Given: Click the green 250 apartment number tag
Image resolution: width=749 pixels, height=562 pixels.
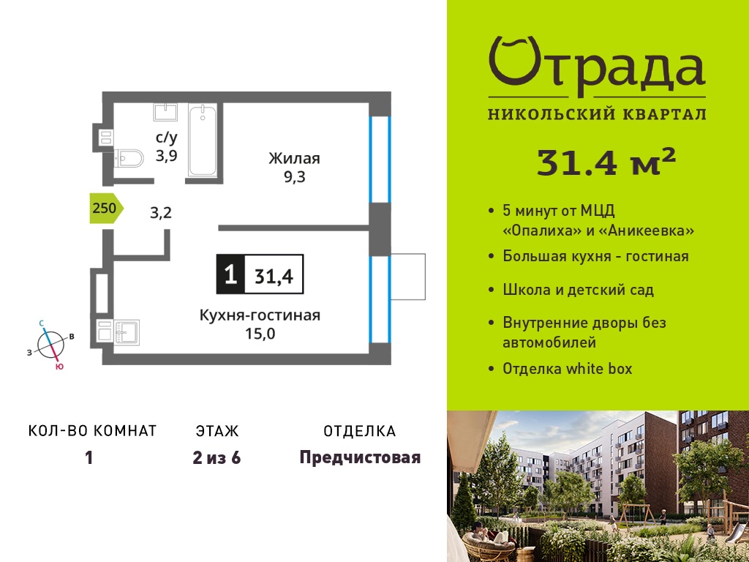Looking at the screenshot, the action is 107,209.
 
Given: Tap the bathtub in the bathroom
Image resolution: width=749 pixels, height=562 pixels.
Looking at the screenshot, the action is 202,140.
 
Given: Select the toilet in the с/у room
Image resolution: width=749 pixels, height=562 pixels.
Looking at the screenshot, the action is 129,158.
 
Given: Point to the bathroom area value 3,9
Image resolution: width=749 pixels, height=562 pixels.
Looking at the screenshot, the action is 166,155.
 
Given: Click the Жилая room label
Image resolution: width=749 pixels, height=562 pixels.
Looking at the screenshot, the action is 294,158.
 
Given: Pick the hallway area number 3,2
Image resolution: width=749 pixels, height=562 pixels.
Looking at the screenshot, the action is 160,212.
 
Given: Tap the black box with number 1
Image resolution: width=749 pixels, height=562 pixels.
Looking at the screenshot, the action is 230,274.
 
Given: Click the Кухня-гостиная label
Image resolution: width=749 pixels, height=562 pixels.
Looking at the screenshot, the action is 260,315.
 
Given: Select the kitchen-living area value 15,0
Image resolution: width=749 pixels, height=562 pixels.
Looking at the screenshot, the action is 260,334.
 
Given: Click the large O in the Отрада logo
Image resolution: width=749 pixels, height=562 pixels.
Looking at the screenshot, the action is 514,61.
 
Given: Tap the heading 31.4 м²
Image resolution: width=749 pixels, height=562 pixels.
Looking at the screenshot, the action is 606,162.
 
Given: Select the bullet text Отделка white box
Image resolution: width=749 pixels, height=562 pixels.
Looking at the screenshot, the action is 567,369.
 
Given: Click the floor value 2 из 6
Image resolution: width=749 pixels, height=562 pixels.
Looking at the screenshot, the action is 217,458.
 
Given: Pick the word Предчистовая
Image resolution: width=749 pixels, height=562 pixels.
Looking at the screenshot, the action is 360,458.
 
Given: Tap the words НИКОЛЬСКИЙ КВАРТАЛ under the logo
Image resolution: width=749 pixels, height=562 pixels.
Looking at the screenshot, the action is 597,113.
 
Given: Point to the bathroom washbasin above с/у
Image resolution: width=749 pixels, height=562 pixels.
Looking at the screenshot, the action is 165,112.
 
